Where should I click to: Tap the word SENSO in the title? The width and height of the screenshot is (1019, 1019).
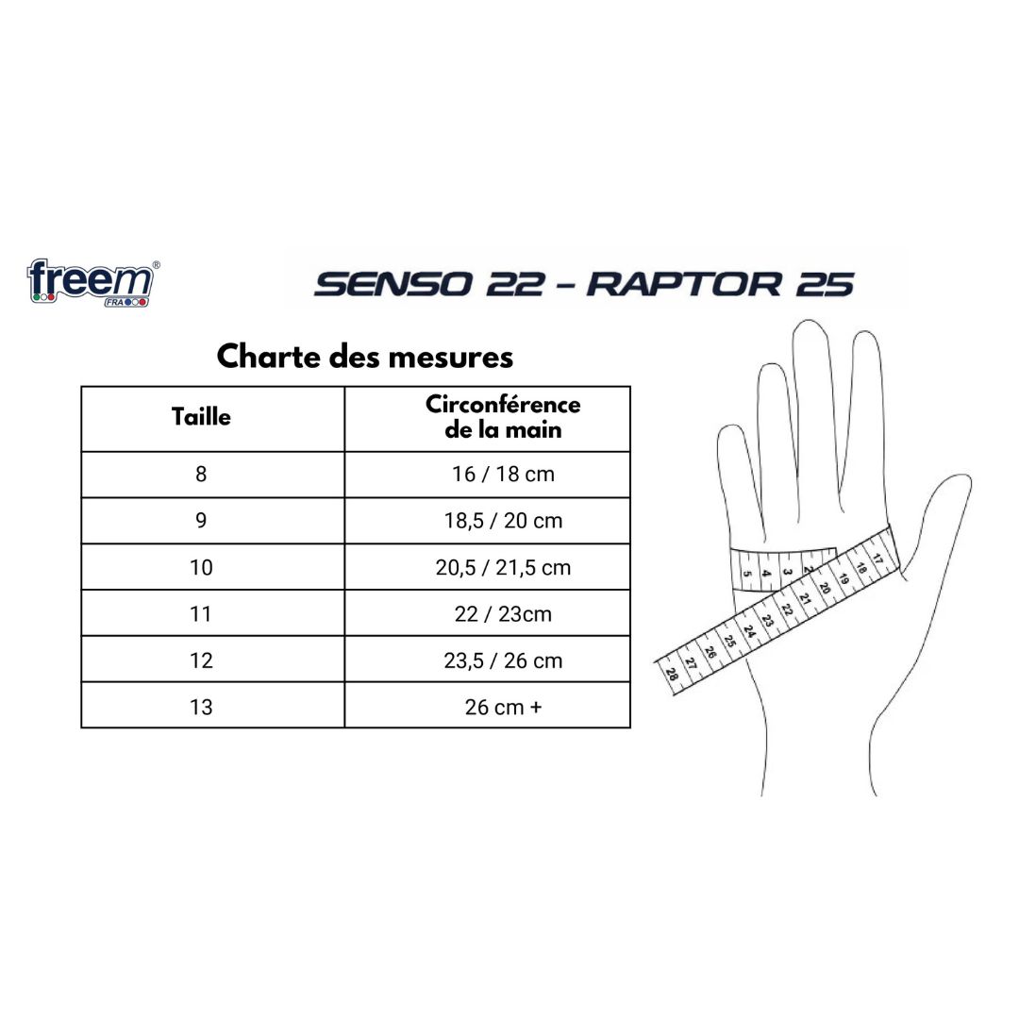point(393,285)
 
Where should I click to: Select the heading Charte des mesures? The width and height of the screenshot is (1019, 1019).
point(364,356)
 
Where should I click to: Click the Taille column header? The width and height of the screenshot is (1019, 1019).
point(201,417)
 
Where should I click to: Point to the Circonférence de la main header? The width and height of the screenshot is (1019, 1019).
point(503,417)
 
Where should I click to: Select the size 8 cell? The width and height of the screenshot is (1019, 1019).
point(201,474)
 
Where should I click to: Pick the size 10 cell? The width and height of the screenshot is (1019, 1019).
point(201,567)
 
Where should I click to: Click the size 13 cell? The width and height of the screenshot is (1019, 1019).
point(201,707)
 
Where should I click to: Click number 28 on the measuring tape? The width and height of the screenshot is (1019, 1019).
point(672,674)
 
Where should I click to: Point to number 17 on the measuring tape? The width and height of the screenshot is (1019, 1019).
point(878,559)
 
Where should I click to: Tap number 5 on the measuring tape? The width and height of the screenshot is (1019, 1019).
point(746,574)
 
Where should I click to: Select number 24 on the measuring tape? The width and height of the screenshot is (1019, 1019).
point(749,630)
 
